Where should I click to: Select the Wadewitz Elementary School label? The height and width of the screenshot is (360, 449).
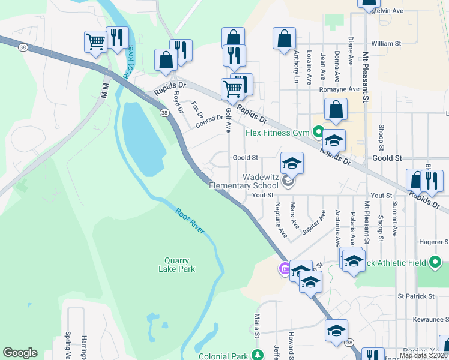click(244, 182)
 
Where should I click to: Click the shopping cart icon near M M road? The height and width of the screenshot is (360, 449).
click(95, 41)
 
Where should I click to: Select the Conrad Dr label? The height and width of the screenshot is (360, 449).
click(209, 122)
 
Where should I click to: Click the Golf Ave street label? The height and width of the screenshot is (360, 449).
click(228, 120)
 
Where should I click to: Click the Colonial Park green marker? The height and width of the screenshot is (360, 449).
click(257, 355)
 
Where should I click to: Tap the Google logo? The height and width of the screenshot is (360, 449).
click(20, 353)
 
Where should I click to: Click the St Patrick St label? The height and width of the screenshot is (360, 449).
click(415, 296)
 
